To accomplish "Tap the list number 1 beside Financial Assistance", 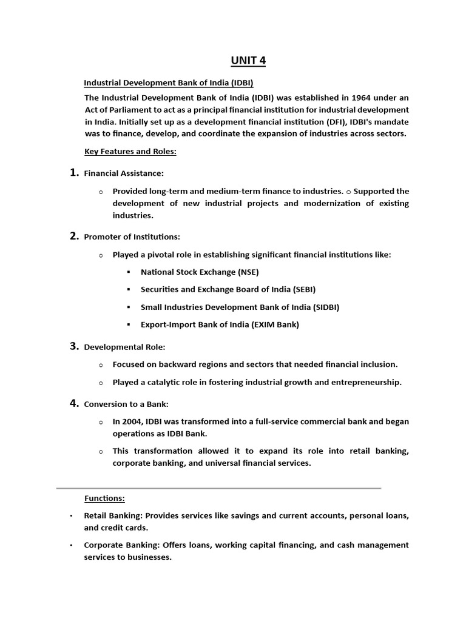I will click(x=75, y=173).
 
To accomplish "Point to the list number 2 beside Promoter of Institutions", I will click(x=75, y=236).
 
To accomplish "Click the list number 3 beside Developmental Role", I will click(x=75, y=346).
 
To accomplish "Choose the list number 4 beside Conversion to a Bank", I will click(x=75, y=403).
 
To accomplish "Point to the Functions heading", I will click(x=104, y=498).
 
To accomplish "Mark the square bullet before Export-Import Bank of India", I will click(x=129, y=325).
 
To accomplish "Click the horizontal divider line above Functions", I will click(x=218, y=488).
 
